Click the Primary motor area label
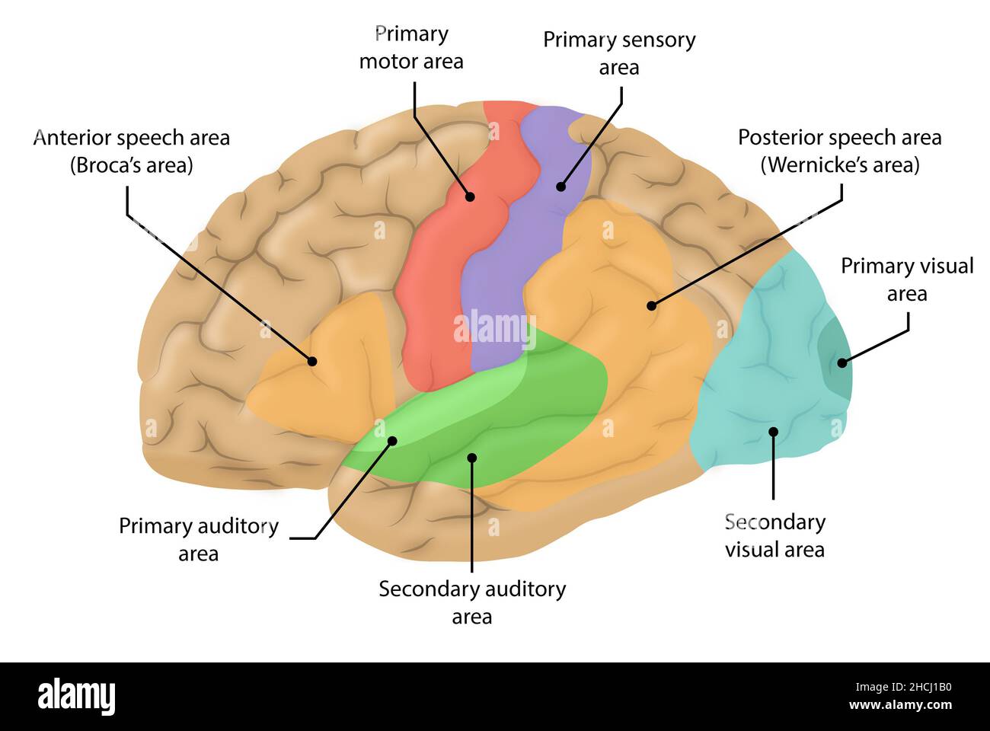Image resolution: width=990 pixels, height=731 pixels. click(x=411, y=47)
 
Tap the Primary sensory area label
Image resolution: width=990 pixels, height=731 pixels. click(x=619, y=53)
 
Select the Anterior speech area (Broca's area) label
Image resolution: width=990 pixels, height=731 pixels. click(x=132, y=151)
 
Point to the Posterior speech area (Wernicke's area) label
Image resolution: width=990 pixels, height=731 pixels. click(x=839, y=151)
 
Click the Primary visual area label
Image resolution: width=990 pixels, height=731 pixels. click(x=907, y=279)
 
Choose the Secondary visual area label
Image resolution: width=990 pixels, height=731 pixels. click(x=774, y=535)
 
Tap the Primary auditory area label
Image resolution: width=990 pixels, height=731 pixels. click(x=199, y=540)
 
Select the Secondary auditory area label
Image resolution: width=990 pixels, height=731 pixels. click(x=472, y=602)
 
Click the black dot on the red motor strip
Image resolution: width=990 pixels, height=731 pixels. click(x=470, y=196)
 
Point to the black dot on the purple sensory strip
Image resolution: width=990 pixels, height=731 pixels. click(x=560, y=186)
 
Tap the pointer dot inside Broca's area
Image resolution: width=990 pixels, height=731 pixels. click(x=312, y=361)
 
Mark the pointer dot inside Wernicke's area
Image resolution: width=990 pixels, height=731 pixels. click(x=651, y=306)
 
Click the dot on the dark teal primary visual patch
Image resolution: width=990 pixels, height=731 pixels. click(x=841, y=362)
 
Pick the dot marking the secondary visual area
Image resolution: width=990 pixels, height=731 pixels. click(x=773, y=432)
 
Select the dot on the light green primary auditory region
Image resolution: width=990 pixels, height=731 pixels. click(x=393, y=440)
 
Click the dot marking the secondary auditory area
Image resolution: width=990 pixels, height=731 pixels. click(x=472, y=458)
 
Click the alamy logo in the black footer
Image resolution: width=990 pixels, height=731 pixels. click(x=76, y=696)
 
